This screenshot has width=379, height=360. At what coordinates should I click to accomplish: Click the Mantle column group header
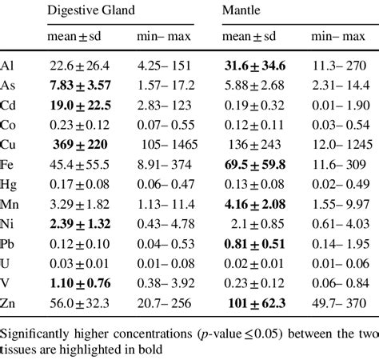242,10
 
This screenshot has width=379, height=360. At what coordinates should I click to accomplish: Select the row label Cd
10,103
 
